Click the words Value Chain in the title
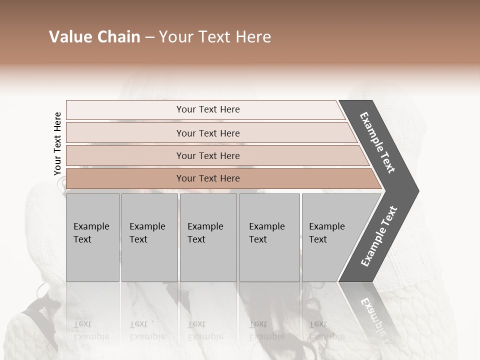click(x=94, y=37)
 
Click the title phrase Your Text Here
click(x=215, y=37)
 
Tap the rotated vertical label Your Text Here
click(x=57, y=143)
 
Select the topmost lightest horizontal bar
click(x=125, y=109)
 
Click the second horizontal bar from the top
click(x=125, y=133)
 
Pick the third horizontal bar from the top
click(x=125, y=155)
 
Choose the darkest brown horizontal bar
click(x=125, y=178)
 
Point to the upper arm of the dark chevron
click(x=377, y=142)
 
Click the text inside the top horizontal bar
click(x=208, y=109)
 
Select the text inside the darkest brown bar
click(x=208, y=178)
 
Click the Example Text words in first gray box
click(x=91, y=233)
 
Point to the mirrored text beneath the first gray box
click(x=91, y=330)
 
